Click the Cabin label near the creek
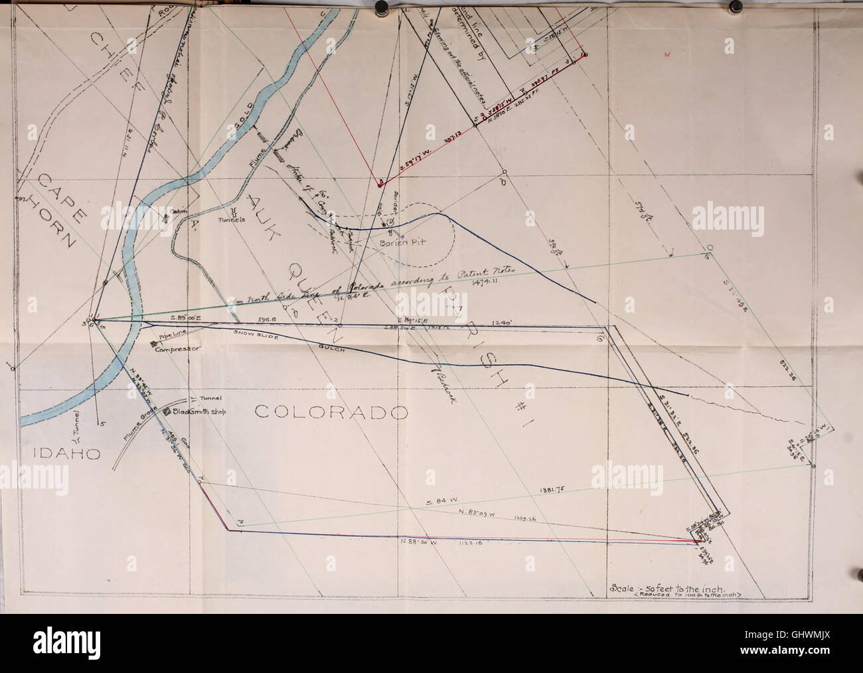[180, 210]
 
